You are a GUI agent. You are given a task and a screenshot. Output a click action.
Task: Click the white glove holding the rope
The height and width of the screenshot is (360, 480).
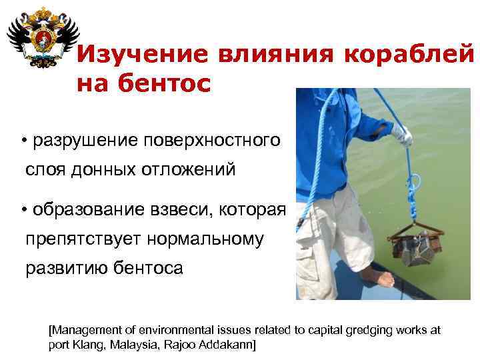point(401,135)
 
